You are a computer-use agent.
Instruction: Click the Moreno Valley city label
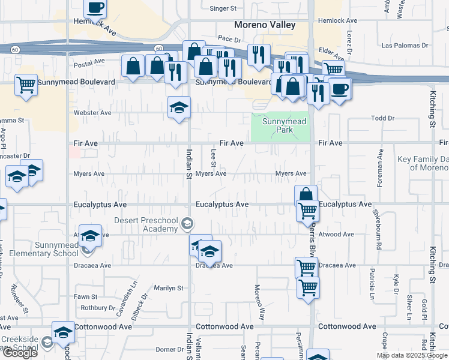265,25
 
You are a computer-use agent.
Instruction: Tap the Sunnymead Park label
285,126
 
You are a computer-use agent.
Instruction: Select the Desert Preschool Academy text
148,224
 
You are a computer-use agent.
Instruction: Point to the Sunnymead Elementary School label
49,249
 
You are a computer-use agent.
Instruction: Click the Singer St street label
223,8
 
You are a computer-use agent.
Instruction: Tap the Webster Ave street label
92,113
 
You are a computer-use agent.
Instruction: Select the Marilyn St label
168,288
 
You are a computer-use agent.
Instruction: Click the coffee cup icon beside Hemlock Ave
95,8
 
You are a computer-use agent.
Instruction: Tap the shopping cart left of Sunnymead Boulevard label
26,85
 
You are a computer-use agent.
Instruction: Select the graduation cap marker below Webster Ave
178,107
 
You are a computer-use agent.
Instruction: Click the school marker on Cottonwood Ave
62,332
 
